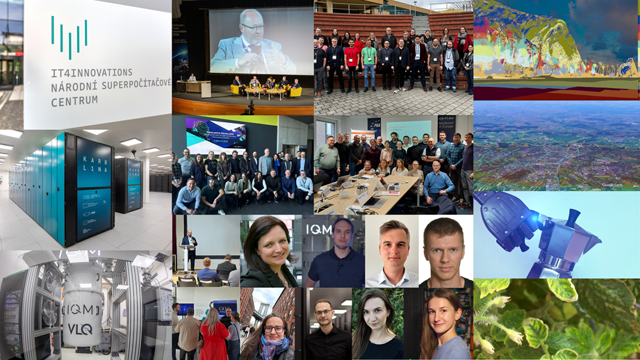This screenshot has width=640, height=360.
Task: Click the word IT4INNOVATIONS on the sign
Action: click(91, 72)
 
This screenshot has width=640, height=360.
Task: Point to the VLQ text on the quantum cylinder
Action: click(80, 329)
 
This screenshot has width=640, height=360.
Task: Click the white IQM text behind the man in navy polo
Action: click(318, 227)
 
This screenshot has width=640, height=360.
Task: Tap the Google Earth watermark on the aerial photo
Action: click(612, 185)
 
